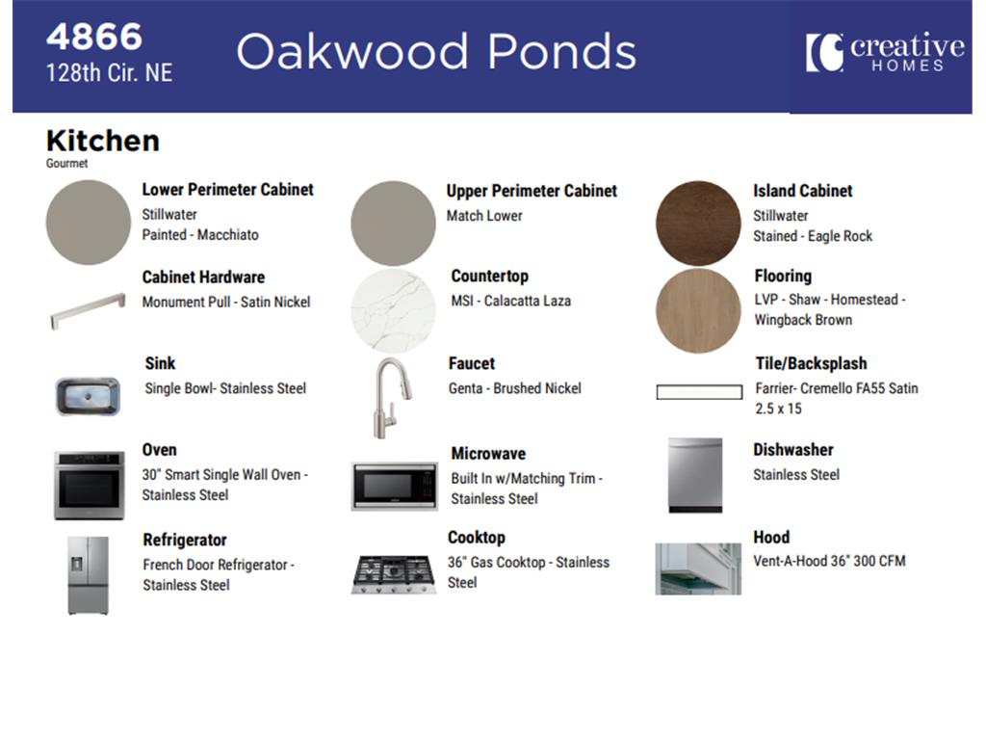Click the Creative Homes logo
click(885, 52)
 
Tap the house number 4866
click(94, 37)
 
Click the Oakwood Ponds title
click(436, 52)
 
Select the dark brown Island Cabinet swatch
click(698, 224)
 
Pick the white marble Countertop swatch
click(393, 310)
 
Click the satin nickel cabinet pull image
click(88, 310)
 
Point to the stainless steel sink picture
click(88, 396)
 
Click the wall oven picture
click(89, 486)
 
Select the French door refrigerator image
click(88, 575)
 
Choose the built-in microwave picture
click(394, 487)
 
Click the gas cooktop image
click(394, 574)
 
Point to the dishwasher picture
click(695, 475)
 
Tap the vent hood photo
click(698, 568)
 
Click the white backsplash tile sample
click(699, 392)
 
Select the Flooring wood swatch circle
click(698, 310)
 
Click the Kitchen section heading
click(102, 141)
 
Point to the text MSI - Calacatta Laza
click(510, 301)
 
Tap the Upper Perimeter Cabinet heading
click(532, 191)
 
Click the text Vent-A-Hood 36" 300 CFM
click(829, 561)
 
